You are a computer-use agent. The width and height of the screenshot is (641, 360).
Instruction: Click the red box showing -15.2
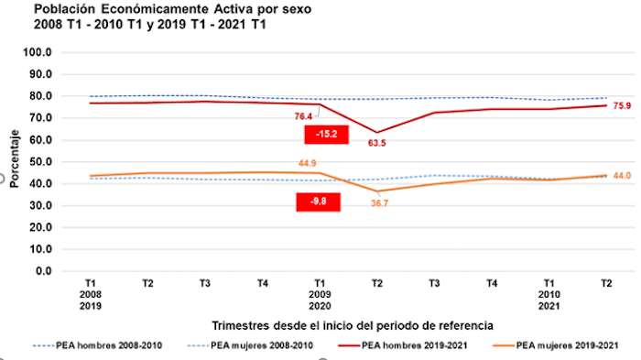click(x=327, y=134)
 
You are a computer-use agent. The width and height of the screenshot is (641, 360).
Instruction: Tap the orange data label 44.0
click(x=621, y=175)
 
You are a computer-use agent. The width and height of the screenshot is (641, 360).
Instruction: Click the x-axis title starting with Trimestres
click(x=353, y=324)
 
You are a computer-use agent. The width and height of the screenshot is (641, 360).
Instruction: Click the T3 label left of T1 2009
click(x=205, y=284)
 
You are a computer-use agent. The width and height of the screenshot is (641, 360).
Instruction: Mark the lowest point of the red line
click(x=375, y=133)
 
